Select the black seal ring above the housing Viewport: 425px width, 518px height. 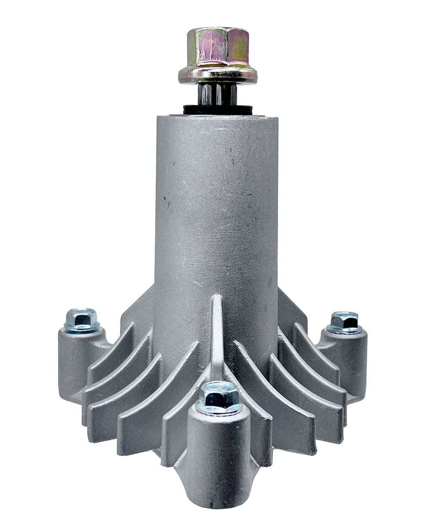click(x=217, y=109)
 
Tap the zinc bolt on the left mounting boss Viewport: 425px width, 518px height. click(x=81, y=319)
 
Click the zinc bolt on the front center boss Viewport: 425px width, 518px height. click(x=219, y=397)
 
